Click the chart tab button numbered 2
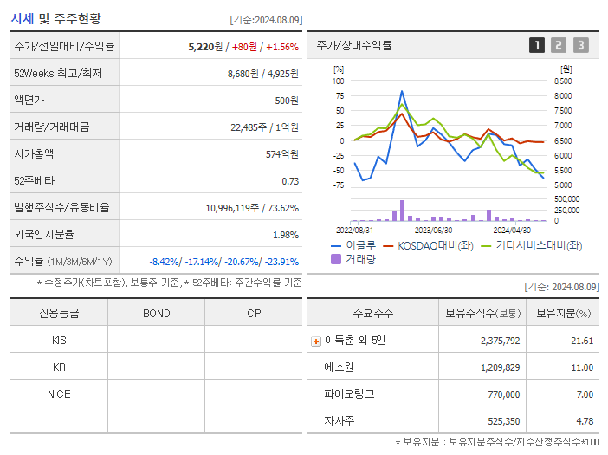click(559, 45)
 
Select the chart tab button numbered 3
click(580, 45)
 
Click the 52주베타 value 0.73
click(290, 181)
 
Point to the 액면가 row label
click(33, 101)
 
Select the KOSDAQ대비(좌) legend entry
click(435, 245)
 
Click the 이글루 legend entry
click(355, 245)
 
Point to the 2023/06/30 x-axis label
click(434, 230)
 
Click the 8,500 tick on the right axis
click(563, 81)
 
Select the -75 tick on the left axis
click(339, 185)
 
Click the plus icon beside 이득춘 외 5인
click(315, 341)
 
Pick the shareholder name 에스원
click(339, 367)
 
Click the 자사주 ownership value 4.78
click(585, 421)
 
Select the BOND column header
click(156, 314)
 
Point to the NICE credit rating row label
click(59, 394)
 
